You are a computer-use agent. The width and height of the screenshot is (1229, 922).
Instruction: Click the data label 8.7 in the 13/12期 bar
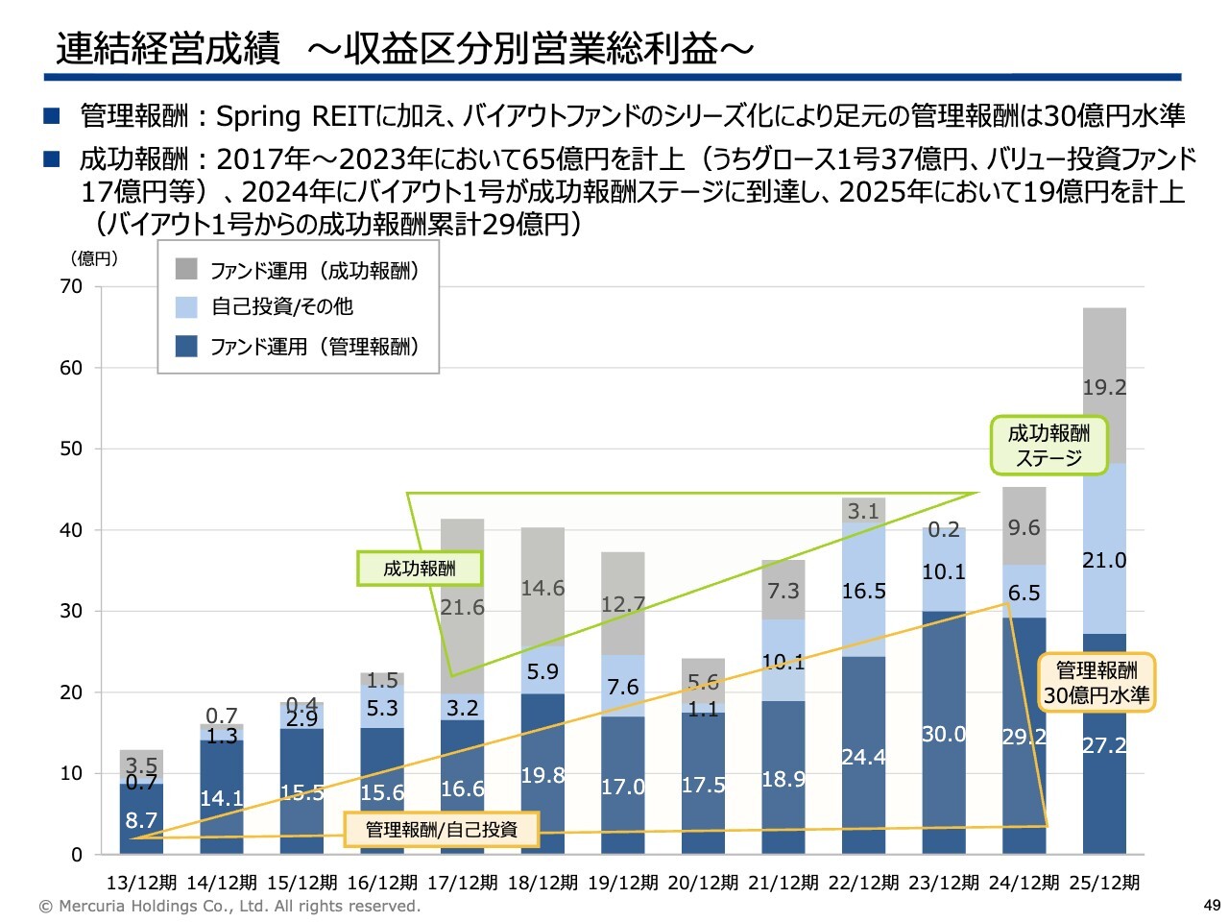pyautogui.click(x=141, y=820)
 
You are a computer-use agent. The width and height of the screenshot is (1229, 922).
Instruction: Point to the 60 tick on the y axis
pyautogui.click(x=71, y=367)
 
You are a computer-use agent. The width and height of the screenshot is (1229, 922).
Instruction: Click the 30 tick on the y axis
pyautogui.click(x=71, y=611)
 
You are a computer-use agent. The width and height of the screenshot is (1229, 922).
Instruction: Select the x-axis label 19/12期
pyautogui.click(x=623, y=883)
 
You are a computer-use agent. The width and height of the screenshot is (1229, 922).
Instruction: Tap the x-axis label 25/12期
pyautogui.click(x=1104, y=883)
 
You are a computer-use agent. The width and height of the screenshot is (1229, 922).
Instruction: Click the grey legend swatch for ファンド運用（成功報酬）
pyautogui.click(x=186, y=269)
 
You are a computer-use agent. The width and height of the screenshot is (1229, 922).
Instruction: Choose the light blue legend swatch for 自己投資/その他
pyautogui.click(x=186, y=306)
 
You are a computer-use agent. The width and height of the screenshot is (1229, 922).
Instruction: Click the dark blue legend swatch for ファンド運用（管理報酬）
pyautogui.click(x=186, y=346)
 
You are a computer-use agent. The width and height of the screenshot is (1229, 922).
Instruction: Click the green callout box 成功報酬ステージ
pyautogui.click(x=1048, y=446)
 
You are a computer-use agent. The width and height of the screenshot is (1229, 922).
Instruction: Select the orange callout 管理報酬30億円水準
pyautogui.click(x=1096, y=683)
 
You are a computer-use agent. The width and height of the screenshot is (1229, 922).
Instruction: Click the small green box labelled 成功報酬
pyautogui.click(x=420, y=569)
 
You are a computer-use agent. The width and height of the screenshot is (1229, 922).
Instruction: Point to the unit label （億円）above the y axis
pyautogui.click(x=94, y=258)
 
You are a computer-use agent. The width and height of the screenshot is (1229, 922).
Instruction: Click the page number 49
pyautogui.click(x=1212, y=905)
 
